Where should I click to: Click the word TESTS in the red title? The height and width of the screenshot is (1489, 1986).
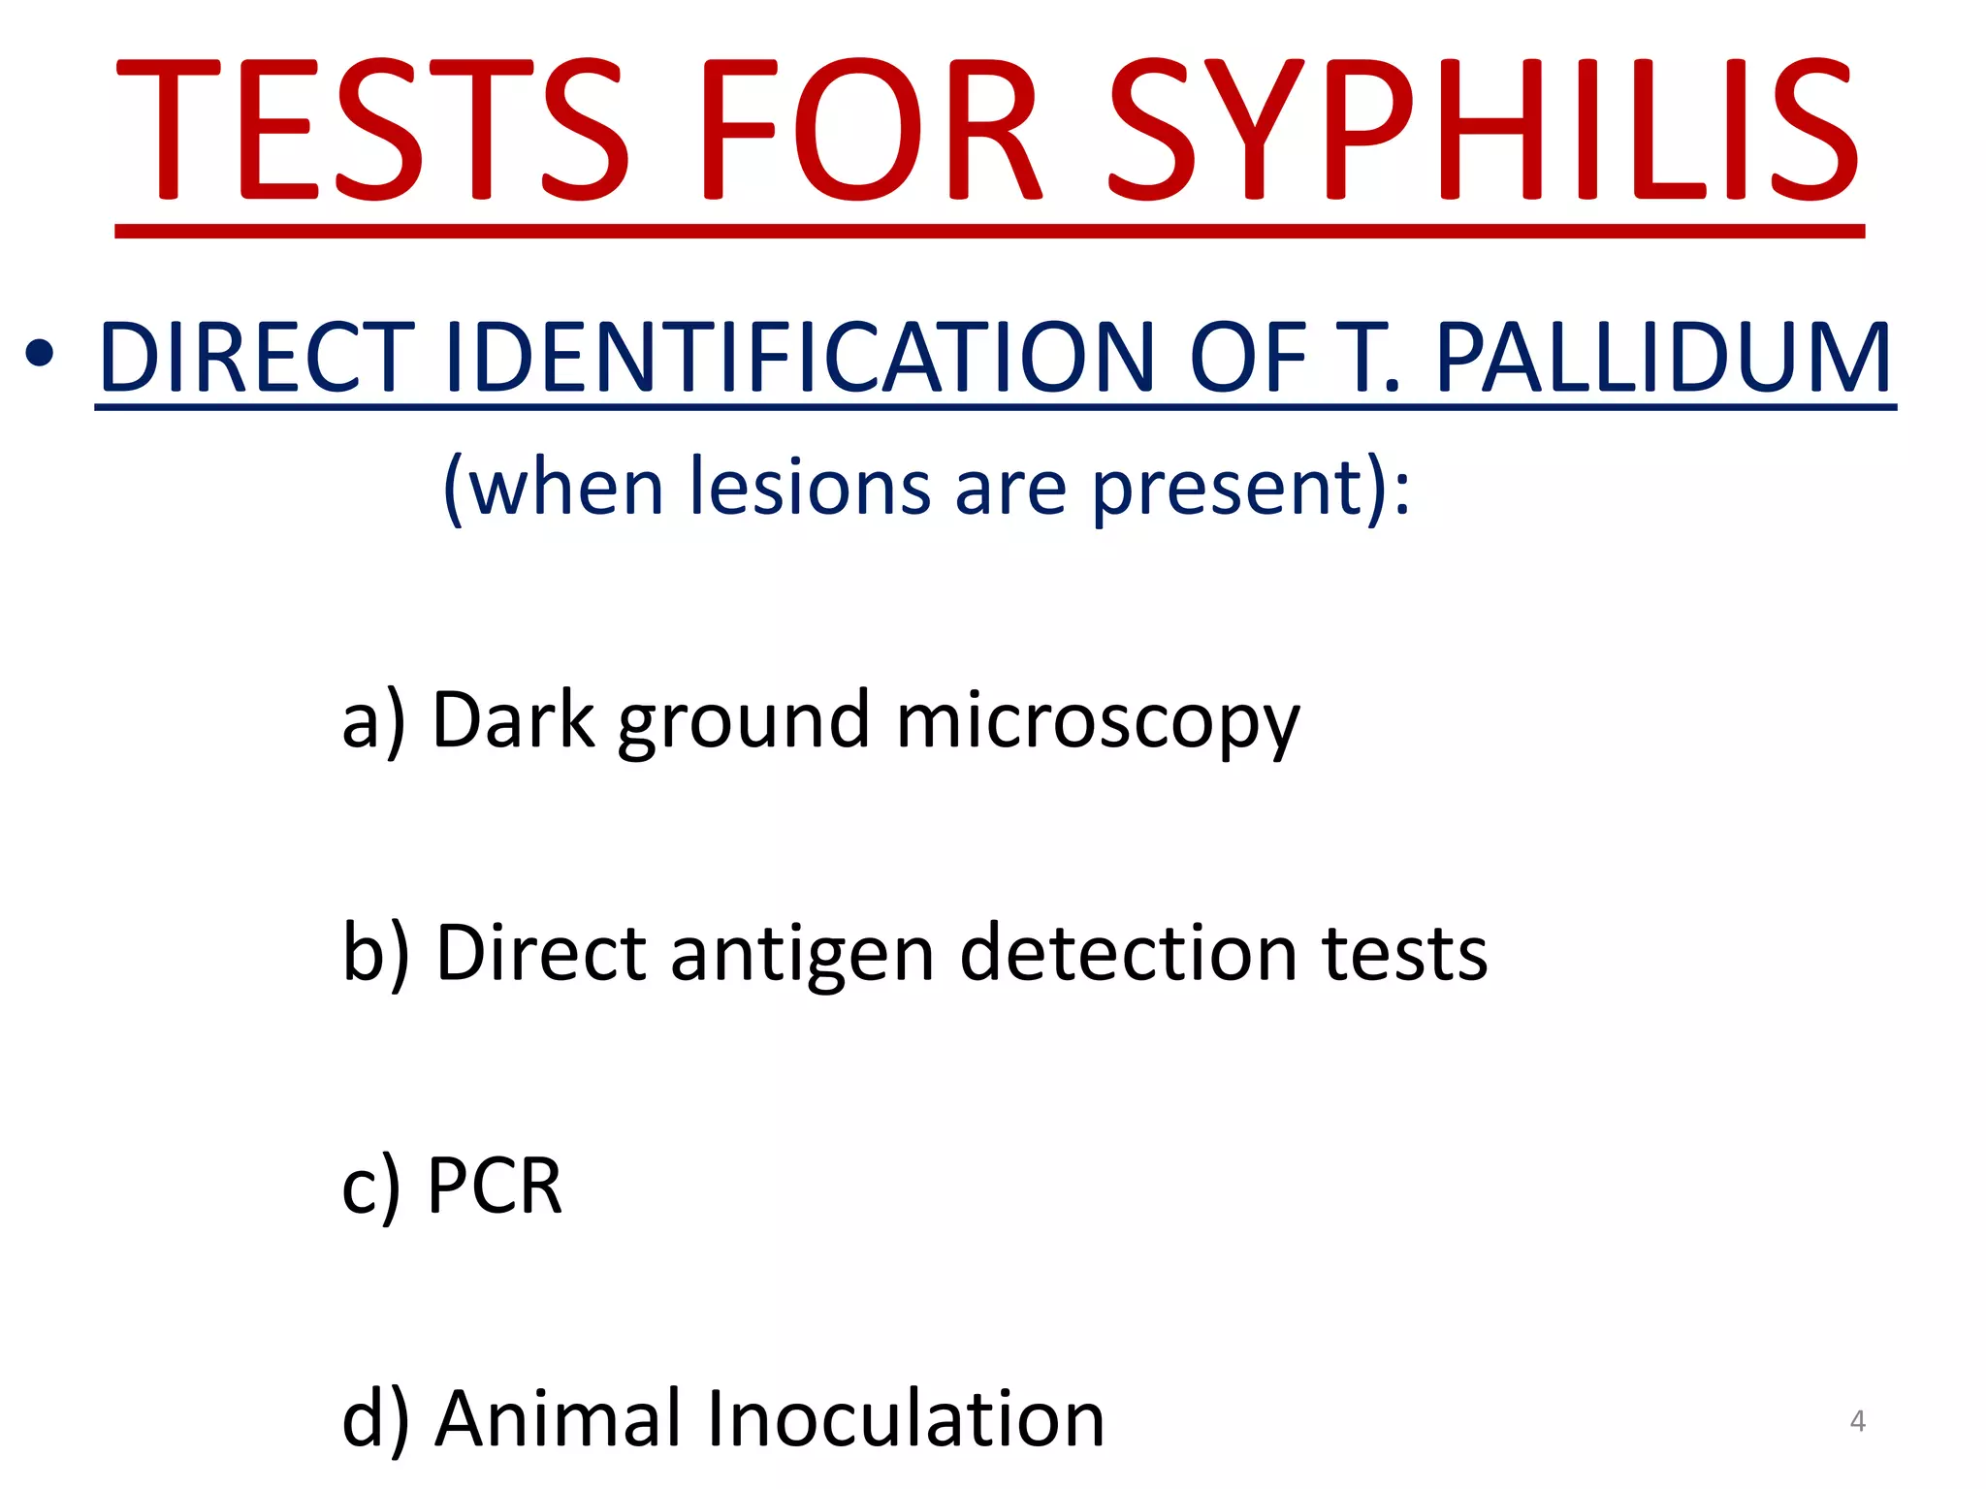point(373,131)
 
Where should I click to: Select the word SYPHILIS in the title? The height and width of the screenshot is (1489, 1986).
point(1484,131)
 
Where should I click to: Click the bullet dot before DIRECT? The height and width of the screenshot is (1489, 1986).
point(40,355)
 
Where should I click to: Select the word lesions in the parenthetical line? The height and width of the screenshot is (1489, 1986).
point(810,487)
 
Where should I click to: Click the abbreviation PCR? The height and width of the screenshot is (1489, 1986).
point(495,1186)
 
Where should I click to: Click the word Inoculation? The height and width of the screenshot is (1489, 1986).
point(906,1419)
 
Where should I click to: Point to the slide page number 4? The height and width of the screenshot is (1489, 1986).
point(1857,1421)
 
